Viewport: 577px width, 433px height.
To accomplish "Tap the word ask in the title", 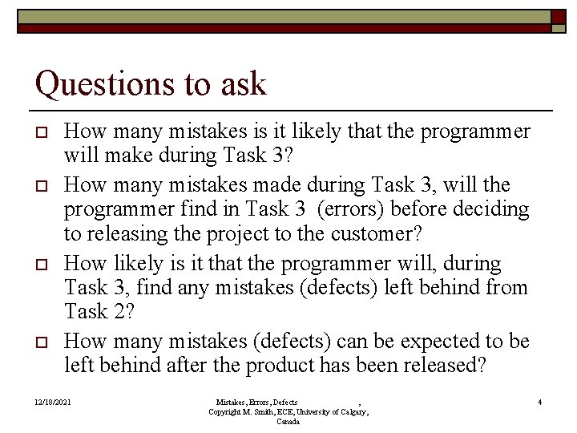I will (x=244, y=83).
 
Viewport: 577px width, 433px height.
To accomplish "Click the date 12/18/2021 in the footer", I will (x=53, y=402).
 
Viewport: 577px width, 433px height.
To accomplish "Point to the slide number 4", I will (x=540, y=402).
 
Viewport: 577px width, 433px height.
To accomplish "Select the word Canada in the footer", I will (x=288, y=421).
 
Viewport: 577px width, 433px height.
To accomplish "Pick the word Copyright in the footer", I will (x=226, y=411).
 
